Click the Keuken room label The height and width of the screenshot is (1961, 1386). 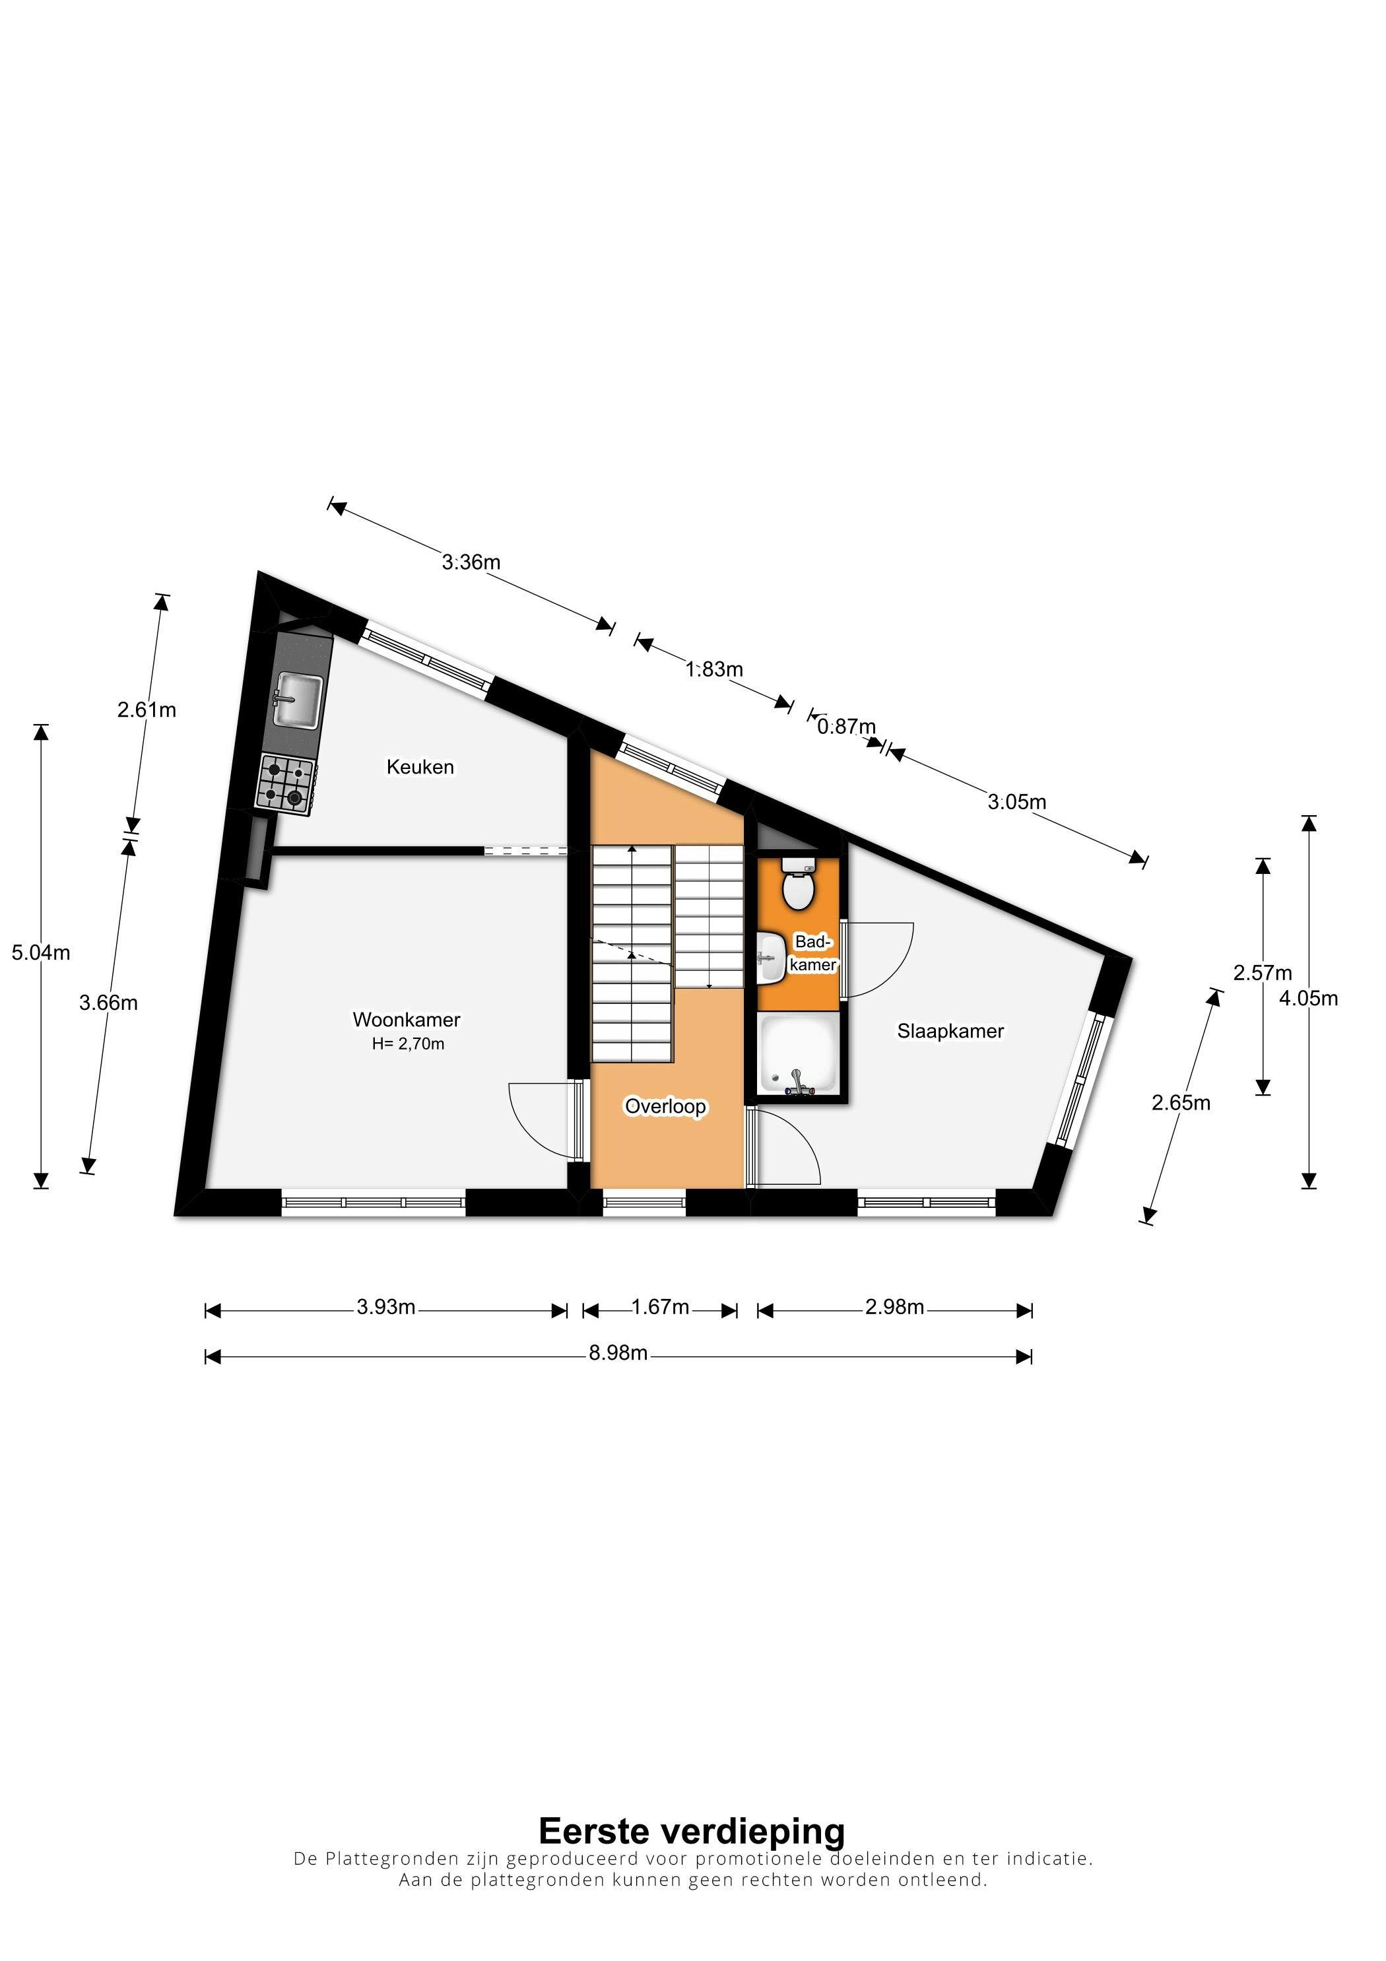420,767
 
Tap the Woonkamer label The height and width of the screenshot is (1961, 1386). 407,1020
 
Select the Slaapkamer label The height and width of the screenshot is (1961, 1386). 950,1031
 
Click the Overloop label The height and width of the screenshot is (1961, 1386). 666,1107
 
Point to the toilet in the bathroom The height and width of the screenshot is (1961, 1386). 799,883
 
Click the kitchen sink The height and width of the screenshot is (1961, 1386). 297,701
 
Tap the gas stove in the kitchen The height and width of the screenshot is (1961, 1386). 285,784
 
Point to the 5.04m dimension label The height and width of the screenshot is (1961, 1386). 41,952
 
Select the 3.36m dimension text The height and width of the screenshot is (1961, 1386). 471,562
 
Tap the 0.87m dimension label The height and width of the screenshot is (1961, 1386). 846,727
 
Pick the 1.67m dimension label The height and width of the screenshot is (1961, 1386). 660,1307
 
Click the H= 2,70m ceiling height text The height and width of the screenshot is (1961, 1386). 408,1044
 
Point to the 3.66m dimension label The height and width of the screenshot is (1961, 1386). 108,1003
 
